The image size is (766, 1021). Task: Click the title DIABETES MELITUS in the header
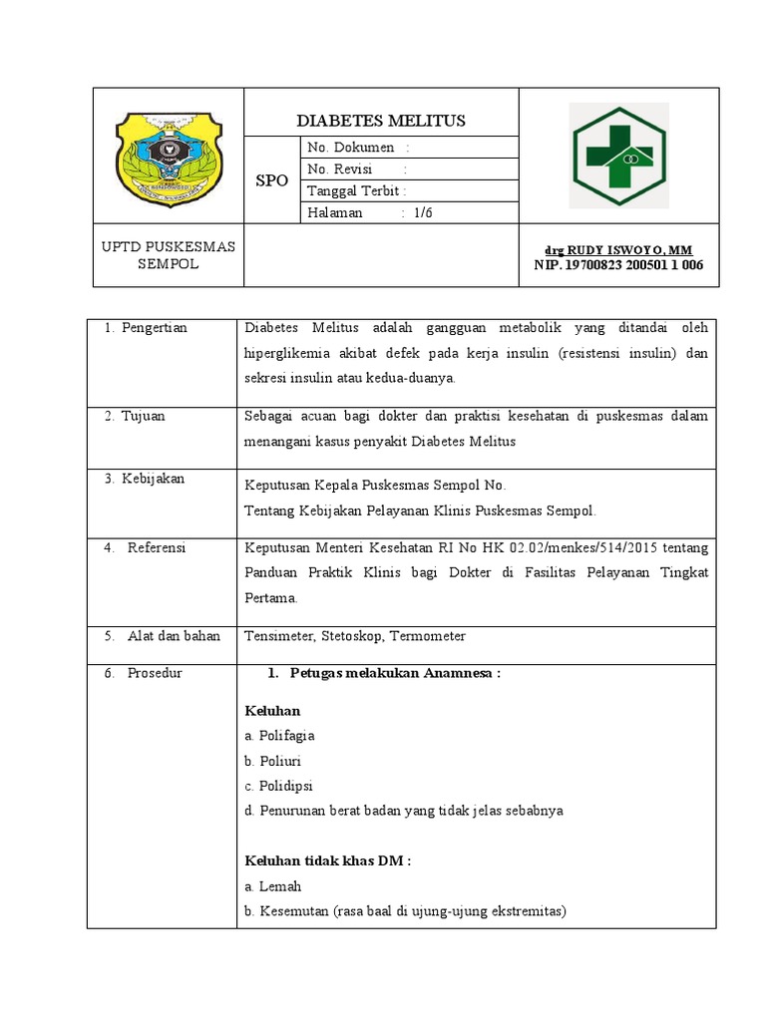[x=381, y=121]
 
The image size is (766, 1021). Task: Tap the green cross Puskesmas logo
[x=616, y=156]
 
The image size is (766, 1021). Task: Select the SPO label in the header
[x=272, y=180]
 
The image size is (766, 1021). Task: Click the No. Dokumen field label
[x=351, y=148]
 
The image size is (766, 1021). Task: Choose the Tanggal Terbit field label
[x=356, y=191]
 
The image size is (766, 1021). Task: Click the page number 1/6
[x=424, y=213]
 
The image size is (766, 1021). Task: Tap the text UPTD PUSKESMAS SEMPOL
[x=169, y=255]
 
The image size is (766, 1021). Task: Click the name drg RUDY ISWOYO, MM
[x=617, y=249]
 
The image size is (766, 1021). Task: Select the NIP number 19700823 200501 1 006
[x=618, y=265]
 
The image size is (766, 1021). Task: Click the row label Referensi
[x=157, y=547]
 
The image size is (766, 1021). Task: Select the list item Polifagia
[x=286, y=736]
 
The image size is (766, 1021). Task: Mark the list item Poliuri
[x=279, y=761]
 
